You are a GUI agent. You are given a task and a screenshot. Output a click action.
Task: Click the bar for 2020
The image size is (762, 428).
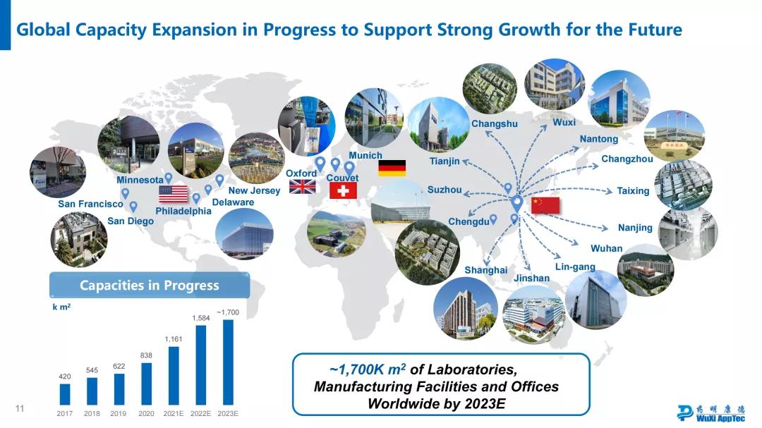tap(146, 384)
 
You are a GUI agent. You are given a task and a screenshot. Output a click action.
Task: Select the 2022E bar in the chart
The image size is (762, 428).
tap(200, 365)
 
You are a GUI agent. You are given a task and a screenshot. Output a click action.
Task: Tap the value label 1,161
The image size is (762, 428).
tap(174, 339)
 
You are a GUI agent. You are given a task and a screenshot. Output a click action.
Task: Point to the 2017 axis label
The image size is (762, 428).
tap(65, 413)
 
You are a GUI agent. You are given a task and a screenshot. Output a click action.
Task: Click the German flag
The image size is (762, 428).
tap(392, 168)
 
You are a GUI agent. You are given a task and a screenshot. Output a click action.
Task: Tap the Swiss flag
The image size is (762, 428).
tap(343, 190)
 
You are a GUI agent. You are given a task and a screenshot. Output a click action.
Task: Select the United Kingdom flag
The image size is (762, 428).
tap(302, 187)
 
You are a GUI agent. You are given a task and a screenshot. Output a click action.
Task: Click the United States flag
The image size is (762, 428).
tap(174, 194)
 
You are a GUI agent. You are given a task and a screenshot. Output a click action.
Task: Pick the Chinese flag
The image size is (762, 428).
tap(545, 205)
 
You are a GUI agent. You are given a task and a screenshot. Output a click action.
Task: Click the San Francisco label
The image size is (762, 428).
tap(90, 204)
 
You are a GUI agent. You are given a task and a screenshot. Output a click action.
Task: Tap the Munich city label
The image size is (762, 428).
tap(365, 155)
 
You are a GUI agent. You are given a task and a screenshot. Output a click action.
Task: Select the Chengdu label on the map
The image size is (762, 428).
tap(468, 221)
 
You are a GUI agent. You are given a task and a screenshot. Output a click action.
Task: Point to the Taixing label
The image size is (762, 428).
tap(633, 191)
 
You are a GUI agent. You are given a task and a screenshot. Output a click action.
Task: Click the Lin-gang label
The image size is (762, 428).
tap(575, 267)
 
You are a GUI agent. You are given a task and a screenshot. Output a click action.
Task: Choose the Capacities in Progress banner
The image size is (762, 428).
tap(150, 285)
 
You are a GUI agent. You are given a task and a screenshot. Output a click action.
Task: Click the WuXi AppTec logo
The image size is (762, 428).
tap(711, 413)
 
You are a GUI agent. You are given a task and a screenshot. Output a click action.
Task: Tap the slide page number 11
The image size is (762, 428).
tap(20, 408)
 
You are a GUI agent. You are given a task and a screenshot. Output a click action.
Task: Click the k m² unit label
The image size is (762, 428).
tap(61, 307)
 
